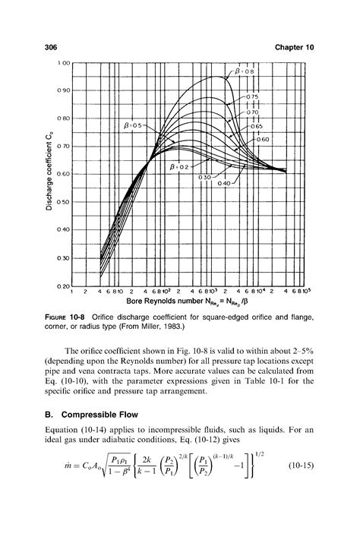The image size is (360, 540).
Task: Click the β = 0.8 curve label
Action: [250, 71]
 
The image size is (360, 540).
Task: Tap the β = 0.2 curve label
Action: [181, 166]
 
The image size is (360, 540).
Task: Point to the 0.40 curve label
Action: [226, 183]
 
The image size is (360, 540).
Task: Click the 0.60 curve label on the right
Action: [264, 140]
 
